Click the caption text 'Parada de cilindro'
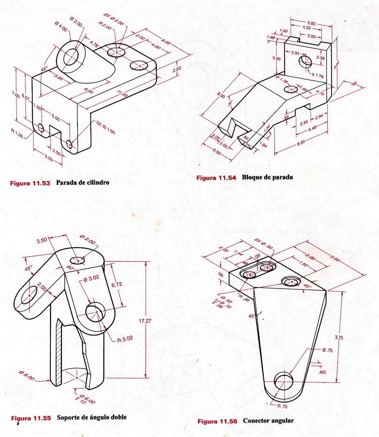[82, 182]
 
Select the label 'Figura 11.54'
[216, 178]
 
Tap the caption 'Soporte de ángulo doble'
[92, 417]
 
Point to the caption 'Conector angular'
[268, 421]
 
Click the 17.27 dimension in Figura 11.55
[145, 321]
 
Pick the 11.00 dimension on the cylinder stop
[122, 93]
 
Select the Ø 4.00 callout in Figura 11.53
[61, 27]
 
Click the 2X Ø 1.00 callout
[106, 127]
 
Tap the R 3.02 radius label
[125, 339]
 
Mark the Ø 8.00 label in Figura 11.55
[26, 376]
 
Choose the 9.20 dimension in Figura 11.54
[301, 143]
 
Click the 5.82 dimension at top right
[311, 23]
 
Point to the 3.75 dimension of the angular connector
[339, 337]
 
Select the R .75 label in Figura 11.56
[282, 406]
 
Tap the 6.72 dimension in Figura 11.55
[117, 284]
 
